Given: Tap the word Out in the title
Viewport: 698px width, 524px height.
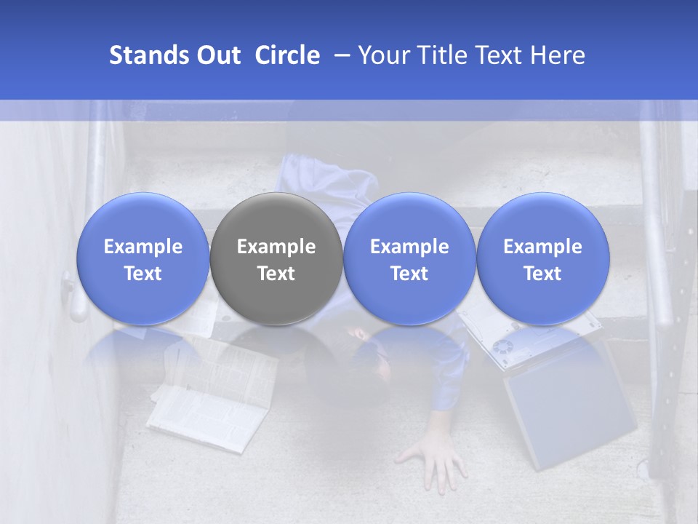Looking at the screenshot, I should tap(217, 55).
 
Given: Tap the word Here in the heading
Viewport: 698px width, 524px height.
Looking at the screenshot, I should tap(558, 55).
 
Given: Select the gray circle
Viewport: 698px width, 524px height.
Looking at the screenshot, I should tap(276, 259).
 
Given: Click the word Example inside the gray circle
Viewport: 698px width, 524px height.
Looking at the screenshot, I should tap(276, 247).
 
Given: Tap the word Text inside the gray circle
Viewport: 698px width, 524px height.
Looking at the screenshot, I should tap(276, 274).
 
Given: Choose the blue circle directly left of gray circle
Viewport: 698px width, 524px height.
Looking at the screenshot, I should tap(143, 259).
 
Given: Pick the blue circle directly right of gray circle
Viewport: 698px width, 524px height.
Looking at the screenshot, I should tap(409, 259).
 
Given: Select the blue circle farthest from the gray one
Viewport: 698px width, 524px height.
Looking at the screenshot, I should tap(543, 259).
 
